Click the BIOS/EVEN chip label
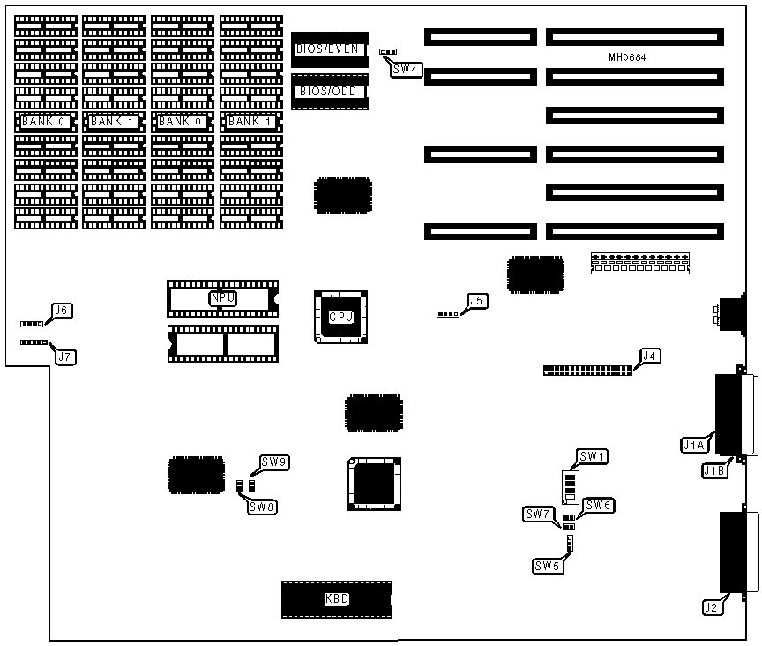pos(327,49)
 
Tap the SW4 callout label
pos(407,69)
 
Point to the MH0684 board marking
pos(628,57)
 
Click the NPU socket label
pos(222,298)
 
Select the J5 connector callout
pos(476,301)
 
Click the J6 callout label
pos(62,311)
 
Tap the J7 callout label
pos(64,357)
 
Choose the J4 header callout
pos(649,356)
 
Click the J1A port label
pos(693,446)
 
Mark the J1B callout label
pos(713,471)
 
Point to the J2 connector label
pos(711,607)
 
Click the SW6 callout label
pos(599,506)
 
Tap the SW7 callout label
pos(537,514)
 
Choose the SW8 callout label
pos(262,507)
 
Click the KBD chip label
pos(337,599)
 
